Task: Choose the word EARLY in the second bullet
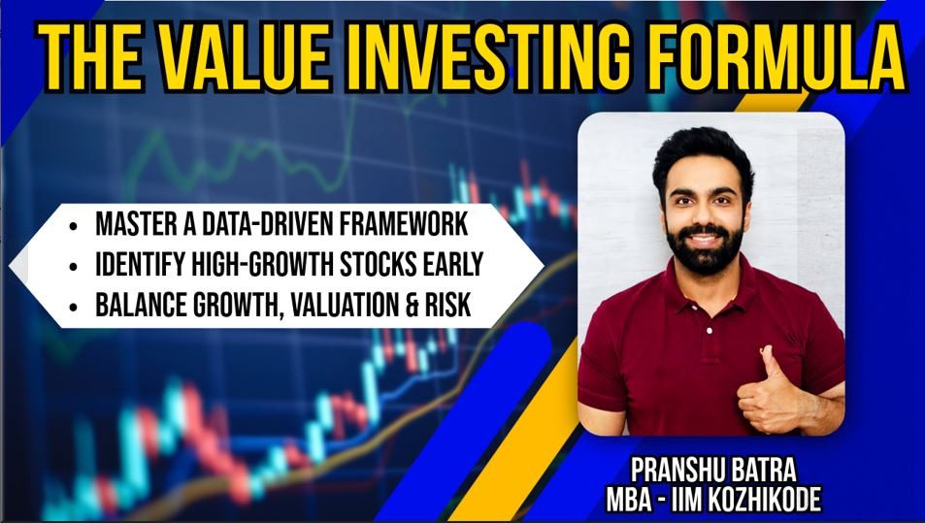pos(453,265)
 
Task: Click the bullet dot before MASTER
pos(73,226)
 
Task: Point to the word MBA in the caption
pos(630,500)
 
